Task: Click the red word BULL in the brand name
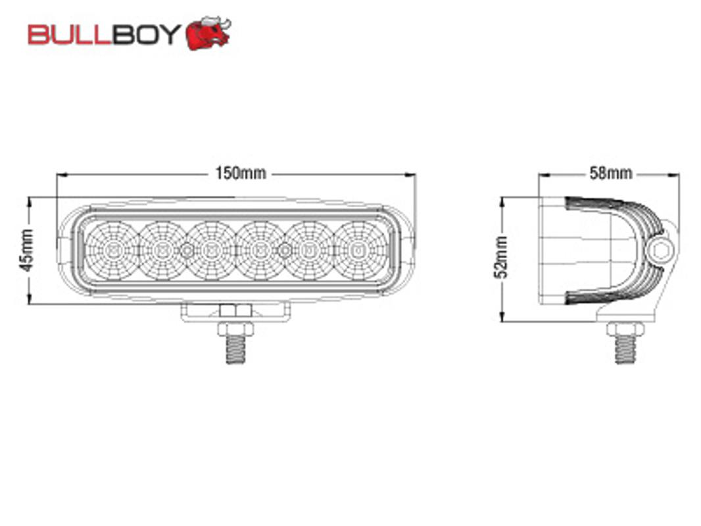coord(69,34)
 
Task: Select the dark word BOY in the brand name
coord(146,34)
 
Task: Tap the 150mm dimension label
coord(241,173)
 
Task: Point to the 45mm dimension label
coord(26,251)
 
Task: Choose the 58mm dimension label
coord(611,173)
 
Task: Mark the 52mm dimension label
coord(501,257)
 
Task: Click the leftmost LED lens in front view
coord(112,251)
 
